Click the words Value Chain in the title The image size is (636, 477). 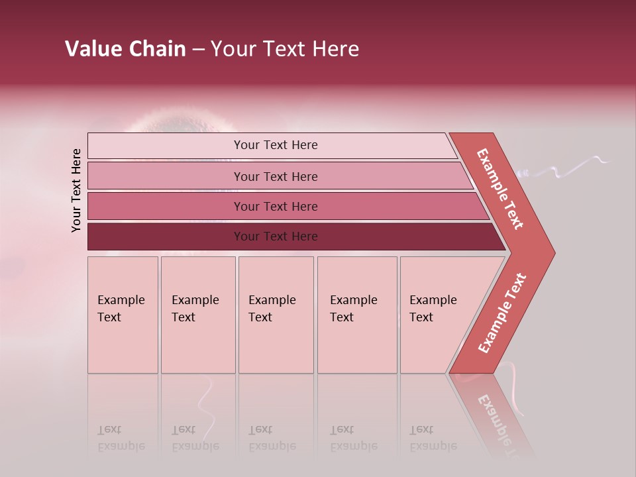point(125,49)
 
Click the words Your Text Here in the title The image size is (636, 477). point(285,49)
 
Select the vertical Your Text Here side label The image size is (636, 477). point(76,190)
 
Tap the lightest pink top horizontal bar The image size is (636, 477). point(275,145)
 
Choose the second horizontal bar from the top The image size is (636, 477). point(275,176)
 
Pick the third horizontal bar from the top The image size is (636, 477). point(275,206)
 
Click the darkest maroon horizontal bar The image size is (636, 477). point(275,237)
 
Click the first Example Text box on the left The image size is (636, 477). point(123,315)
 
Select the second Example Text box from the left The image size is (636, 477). point(197,315)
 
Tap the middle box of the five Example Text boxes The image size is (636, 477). point(276,315)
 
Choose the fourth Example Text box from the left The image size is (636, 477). point(357,315)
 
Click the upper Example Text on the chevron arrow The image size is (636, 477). point(500,189)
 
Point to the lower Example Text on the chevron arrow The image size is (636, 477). point(502,313)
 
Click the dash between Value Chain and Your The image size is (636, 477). point(197,50)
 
